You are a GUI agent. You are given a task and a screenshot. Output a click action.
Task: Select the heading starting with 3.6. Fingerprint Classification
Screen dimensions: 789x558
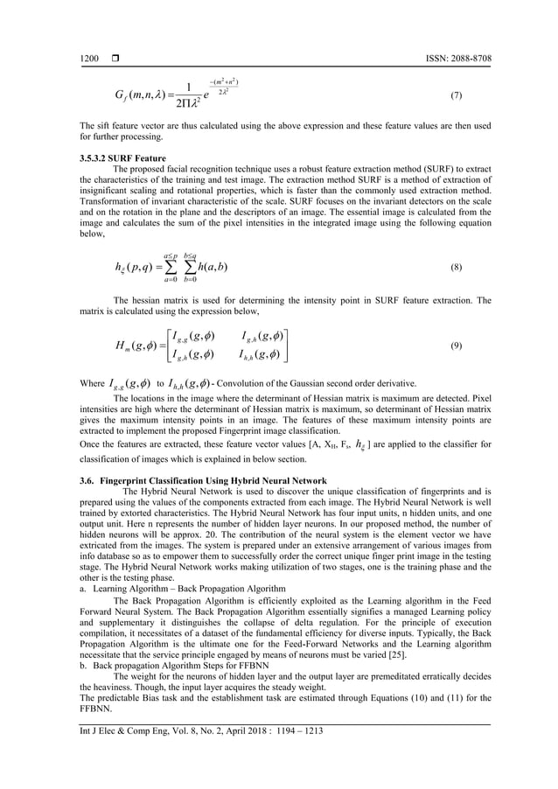coord(203,481)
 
